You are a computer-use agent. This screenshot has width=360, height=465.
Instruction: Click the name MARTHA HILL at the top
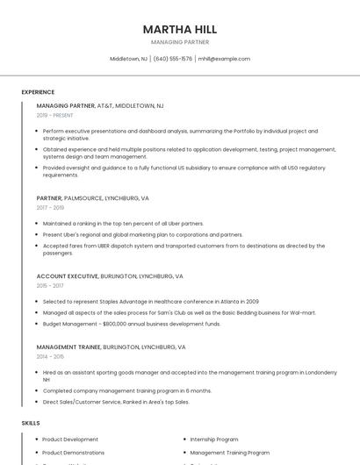click(179, 29)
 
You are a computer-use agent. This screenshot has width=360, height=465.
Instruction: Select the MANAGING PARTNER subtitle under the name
click(179, 42)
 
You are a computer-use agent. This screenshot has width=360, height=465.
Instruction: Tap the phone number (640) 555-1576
click(173, 59)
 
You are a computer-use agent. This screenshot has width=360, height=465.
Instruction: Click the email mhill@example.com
click(224, 59)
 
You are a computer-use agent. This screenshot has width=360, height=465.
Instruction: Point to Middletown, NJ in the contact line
click(128, 59)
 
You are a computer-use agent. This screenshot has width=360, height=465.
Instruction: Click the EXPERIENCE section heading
click(38, 92)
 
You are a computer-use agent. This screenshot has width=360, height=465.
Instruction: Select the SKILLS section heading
click(31, 423)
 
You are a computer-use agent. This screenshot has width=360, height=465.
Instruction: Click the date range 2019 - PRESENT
click(54, 115)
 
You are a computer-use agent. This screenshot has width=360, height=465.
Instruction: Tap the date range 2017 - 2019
click(50, 208)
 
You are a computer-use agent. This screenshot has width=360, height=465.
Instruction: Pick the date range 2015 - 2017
click(50, 286)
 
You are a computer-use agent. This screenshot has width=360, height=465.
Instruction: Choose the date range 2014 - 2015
click(50, 357)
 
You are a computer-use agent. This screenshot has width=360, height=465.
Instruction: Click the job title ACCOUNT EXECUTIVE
click(67, 276)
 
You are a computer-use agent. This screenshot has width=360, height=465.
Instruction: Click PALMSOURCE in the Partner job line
click(83, 198)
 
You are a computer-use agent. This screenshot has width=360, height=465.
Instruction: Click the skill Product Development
click(70, 440)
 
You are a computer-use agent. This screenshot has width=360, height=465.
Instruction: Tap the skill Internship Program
click(214, 440)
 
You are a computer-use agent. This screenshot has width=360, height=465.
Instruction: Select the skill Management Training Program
click(229, 453)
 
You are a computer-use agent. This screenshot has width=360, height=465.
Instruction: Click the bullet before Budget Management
click(37, 324)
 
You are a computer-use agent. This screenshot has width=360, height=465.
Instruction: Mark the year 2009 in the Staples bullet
click(251, 301)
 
